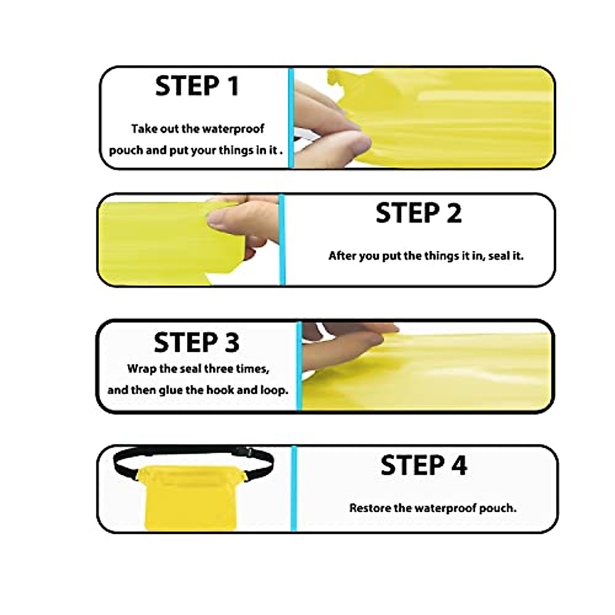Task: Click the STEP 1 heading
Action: tap(197, 86)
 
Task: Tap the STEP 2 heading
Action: tap(418, 213)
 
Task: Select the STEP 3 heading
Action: tap(196, 342)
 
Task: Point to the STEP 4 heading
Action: tap(424, 465)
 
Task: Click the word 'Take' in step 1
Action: tap(143, 129)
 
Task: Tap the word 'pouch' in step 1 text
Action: tap(122, 151)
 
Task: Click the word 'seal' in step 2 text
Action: tap(498, 256)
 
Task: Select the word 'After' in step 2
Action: tap(342, 256)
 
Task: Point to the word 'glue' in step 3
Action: tap(170, 391)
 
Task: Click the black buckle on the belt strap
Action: tap(251, 453)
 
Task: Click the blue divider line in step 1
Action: tap(291, 118)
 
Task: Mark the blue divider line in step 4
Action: tap(294, 488)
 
